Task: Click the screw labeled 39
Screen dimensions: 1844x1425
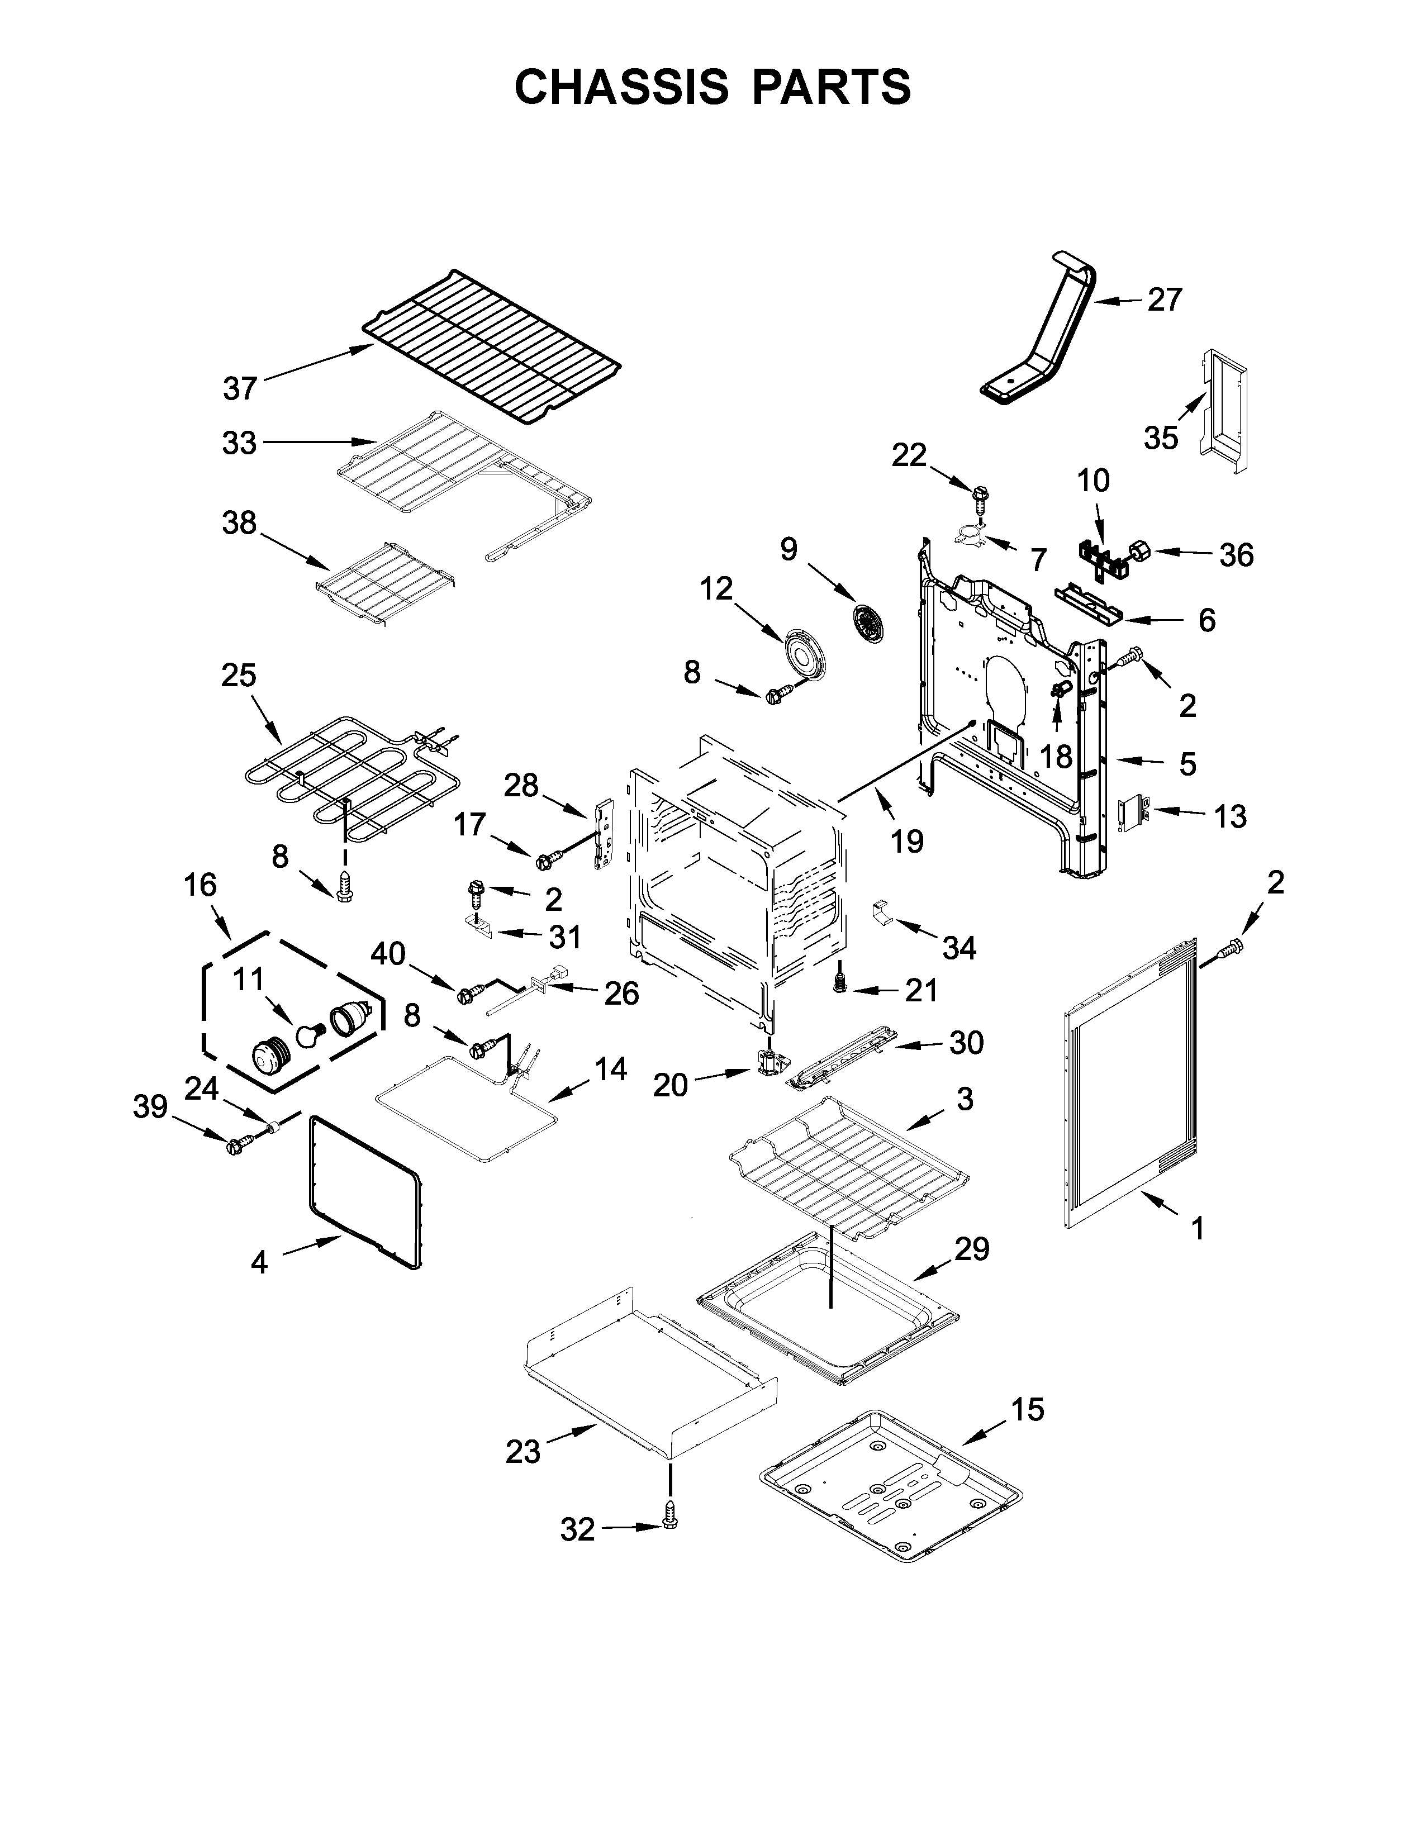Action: (x=235, y=1146)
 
